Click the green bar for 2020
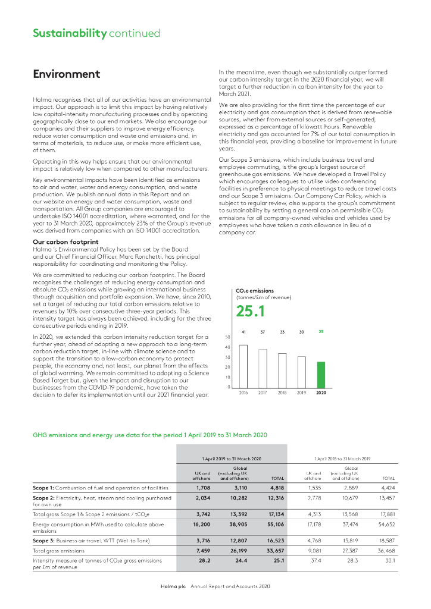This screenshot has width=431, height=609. [321, 375]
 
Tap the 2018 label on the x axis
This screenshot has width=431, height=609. [282, 393]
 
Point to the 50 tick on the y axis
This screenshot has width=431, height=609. [228, 337]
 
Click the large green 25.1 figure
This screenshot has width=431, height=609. [253, 311]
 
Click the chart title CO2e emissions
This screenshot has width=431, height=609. [255, 290]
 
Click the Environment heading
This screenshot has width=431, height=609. [66, 74]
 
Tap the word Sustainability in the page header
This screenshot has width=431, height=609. [69, 33]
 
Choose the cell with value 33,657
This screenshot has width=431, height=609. [275, 551]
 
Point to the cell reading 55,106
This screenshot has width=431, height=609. [275, 525]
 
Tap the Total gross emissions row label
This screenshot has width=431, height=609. [60, 551]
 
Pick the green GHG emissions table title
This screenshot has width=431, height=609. [149, 435]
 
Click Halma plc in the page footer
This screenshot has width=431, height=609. [174, 586]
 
